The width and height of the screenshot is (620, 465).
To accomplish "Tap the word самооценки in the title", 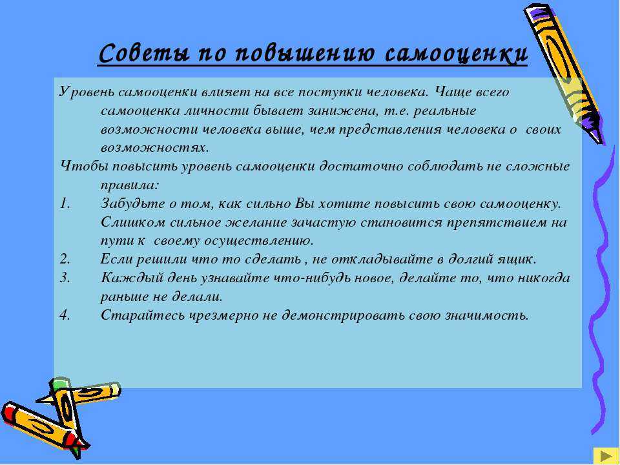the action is [x=457, y=53].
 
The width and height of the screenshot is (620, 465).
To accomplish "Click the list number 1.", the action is [x=65, y=203].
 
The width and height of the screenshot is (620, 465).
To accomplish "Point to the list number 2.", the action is [x=65, y=260].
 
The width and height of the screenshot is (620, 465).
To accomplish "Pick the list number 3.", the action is [x=65, y=278].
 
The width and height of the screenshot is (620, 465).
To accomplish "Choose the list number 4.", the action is [x=65, y=315].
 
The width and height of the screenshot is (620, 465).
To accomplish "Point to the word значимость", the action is [x=487, y=316].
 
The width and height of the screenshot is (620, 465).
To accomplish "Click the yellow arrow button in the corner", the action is [x=604, y=455].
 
